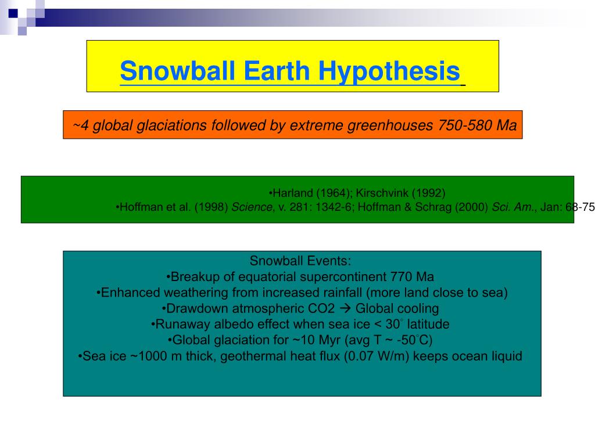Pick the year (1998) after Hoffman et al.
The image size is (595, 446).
click(212, 207)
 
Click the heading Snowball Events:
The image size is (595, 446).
click(300, 260)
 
